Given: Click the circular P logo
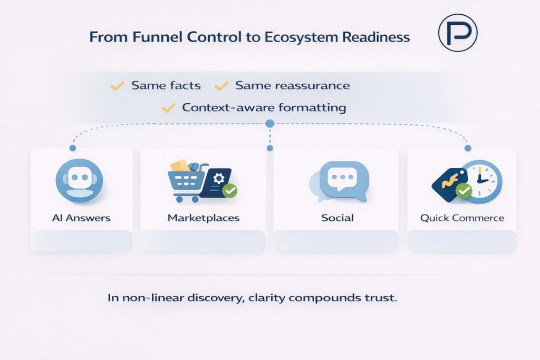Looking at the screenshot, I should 458,33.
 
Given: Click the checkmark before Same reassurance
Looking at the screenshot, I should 222,85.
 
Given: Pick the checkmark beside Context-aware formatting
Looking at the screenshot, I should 168,108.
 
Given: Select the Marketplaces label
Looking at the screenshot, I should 203,218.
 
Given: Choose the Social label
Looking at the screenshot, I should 337,218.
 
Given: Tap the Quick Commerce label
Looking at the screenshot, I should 462,218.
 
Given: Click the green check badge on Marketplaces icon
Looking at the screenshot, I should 229,191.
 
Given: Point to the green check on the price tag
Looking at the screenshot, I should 464,191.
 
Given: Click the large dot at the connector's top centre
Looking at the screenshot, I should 270,123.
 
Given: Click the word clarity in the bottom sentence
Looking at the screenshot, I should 260,298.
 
